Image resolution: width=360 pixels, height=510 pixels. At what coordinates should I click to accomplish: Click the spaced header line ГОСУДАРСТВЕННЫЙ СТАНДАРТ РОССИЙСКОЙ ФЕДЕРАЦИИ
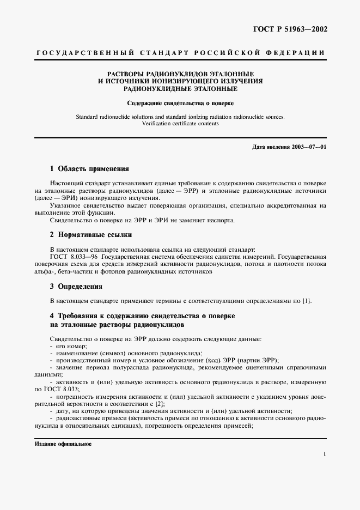coord(180,53)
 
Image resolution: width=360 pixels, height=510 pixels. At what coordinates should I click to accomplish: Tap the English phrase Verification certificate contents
coord(180,124)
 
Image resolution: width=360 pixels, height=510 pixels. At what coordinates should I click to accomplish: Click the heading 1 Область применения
coord(89,169)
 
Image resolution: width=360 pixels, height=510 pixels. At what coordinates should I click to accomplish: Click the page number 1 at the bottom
coord(324,453)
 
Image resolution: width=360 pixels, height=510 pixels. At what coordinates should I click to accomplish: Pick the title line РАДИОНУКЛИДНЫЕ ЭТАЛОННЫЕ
coord(180,88)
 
